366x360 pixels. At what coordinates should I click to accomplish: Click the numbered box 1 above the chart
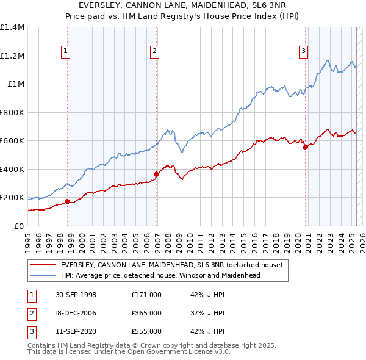[x=65, y=51]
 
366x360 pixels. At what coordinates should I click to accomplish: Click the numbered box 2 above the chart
[x=155, y=51]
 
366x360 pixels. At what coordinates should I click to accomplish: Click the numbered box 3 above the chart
[x=303, y=51]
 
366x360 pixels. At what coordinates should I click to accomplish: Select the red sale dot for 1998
[x=67, y=201]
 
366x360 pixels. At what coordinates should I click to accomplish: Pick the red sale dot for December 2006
[x=156, y=174]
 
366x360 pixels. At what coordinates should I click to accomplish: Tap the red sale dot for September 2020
[x=305, y=147]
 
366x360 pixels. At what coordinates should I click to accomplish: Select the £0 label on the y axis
[x=18, y=226]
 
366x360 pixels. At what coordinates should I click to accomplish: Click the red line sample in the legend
[x=43, y=265]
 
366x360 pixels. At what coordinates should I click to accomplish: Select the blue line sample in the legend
[x=43, y=275]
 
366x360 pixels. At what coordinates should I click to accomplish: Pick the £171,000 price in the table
[x=146, y=295]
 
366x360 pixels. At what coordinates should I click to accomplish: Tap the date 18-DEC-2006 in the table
[x=77, y=313]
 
